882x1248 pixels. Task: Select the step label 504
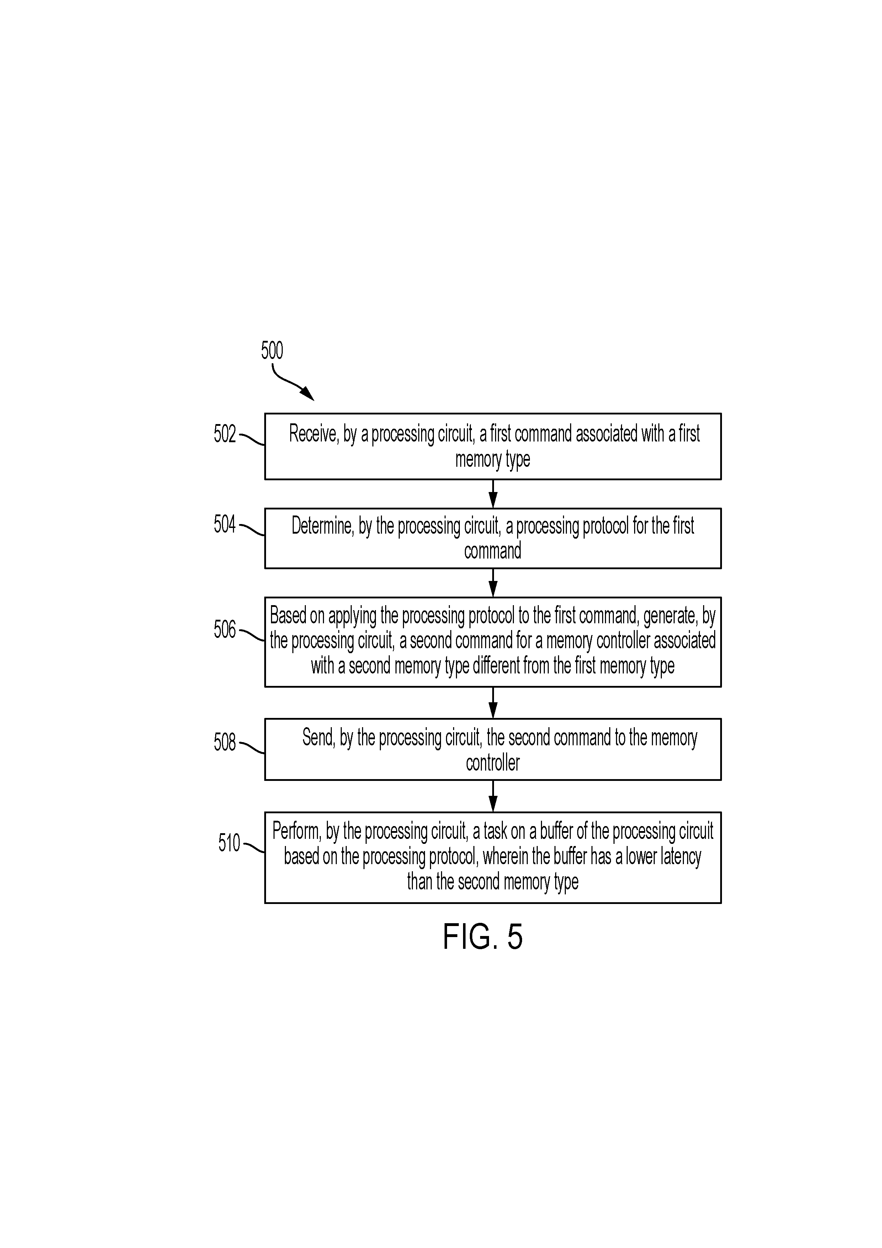tap(224, 524)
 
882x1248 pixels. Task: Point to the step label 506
tap(224, 629)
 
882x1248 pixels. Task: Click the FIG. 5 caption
tap(483, 937)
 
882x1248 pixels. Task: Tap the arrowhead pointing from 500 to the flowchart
tap(308, 393)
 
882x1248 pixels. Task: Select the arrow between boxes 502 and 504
tap(493, 493)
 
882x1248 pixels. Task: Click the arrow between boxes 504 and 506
tap(493, 583)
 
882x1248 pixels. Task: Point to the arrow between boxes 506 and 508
tap(493, 703)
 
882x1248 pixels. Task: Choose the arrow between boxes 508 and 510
tap(493, 796)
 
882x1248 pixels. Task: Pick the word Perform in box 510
tap(297, 831)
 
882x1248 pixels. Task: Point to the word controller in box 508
tap(493, 763)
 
